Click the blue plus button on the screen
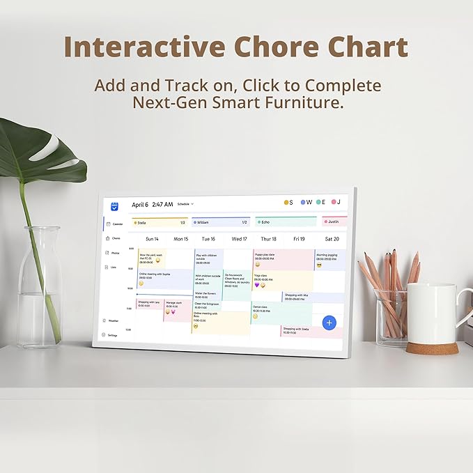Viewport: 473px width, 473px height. coord(329,322)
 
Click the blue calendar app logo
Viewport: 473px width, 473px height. coord(115,206)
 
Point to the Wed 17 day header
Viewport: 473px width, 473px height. coord(239,239)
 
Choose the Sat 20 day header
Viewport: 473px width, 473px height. coord(332,239)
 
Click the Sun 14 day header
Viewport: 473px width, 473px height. coord(152,239)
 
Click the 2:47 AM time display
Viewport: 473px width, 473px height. coord(162,205)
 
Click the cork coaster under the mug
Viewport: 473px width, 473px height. coord(432,347)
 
